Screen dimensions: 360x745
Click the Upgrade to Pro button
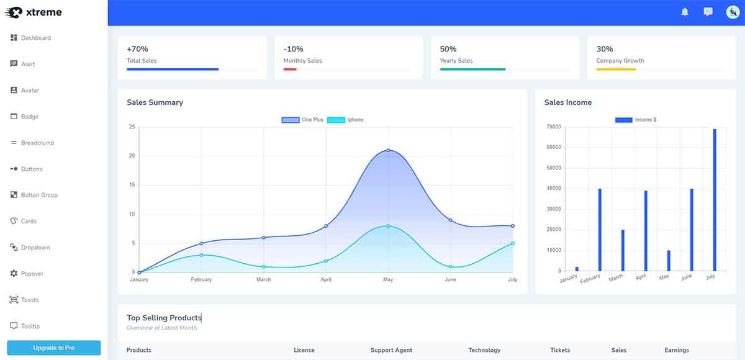point(53,348)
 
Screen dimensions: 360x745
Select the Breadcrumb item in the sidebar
point(37,143)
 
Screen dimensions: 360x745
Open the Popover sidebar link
point(32,274)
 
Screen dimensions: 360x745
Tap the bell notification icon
point(685,12)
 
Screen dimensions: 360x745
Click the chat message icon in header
point(708,12)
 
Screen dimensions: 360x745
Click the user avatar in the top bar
point(733,12)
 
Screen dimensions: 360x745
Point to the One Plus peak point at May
point(388,150)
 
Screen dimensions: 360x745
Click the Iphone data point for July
point(513,243)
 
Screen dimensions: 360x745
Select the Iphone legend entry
point(345,120)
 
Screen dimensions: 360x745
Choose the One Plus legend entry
point(302,120)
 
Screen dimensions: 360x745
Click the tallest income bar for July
point(715,199)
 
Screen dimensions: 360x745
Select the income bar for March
point(623,250)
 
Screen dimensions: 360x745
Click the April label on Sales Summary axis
point(326,279)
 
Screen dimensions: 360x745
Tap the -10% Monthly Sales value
point(294,49)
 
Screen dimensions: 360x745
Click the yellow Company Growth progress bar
point(616,70)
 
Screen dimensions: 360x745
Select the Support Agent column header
point(391,350)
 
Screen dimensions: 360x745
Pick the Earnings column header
point(677,350)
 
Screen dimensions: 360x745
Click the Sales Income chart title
point(567,102)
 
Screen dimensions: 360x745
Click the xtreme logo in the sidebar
point(34,12)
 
